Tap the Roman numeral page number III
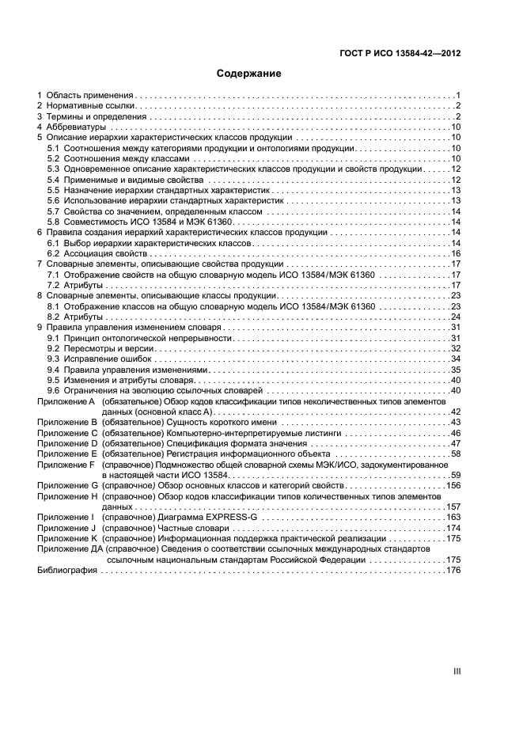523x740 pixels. pos(457,670)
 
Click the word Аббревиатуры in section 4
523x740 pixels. pos(77,127)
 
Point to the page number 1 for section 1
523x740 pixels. pos(458,95)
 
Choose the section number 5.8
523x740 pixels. pos(54,222)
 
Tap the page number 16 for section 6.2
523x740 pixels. pos(456,253)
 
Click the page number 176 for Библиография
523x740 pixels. pos(453,570)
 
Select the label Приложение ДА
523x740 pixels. pos(69,548)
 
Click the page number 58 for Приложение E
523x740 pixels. pos(456,454)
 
